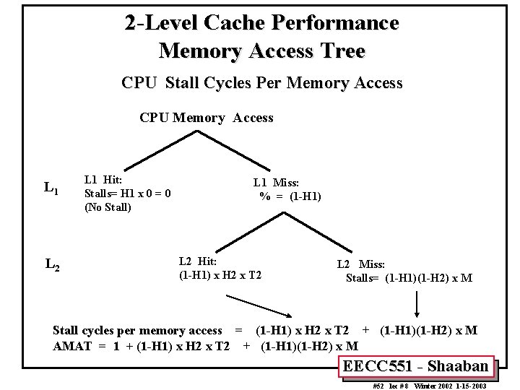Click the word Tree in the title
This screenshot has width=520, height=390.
point(341,51)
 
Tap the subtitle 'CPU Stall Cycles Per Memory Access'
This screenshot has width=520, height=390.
point(261,83)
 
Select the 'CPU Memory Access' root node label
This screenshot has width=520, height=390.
point(206,118)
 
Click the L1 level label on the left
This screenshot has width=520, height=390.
point(51,189)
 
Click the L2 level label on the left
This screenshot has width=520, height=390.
point(52,265)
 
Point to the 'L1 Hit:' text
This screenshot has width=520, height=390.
point(103,179)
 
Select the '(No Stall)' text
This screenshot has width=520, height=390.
point(108,207)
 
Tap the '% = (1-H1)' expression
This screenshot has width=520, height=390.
point(290,196)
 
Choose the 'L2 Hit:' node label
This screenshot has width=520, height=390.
point(197,261)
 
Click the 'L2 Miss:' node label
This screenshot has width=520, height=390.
point(361,266)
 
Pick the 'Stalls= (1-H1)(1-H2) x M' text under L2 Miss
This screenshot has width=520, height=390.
point(409,278)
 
